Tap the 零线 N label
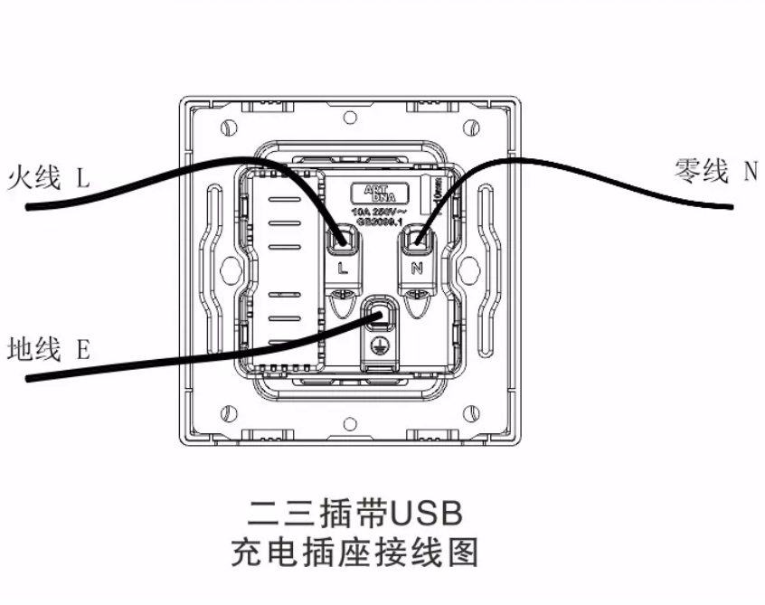(x=715, y=170)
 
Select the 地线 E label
(x=48, y=348)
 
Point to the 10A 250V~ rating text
(x=380, y=210)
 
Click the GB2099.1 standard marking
(x=381, y=221)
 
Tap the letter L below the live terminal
(x=342, y=269)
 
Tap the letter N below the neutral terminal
(x=417, y=269)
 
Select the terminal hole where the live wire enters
(x=343, y=240)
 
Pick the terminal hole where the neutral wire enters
(x=418, y=240)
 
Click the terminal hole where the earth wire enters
(x=380, y=316)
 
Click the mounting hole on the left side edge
(x=228, y=269)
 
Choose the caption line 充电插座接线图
(x=354, y=552)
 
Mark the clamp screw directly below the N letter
(x=417, y=295)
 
